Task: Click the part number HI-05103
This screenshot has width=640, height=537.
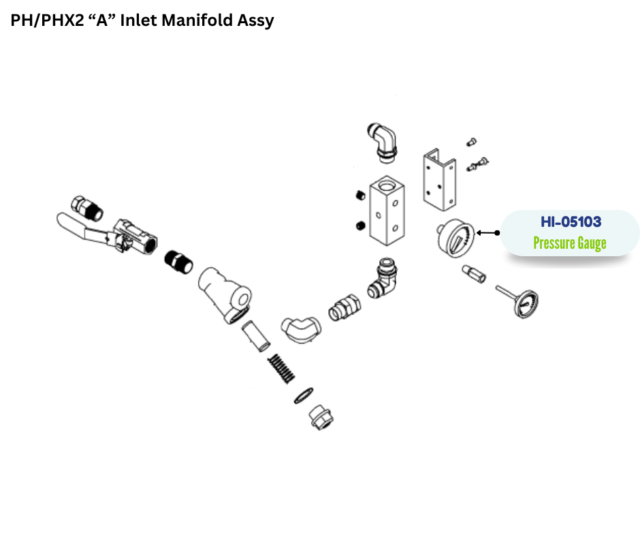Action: pos(571,222)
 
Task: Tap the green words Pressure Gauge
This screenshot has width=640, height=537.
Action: pos(570,243)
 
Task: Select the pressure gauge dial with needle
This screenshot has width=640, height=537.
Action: pos(455,239)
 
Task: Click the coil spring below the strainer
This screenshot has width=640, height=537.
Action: pos(281,368)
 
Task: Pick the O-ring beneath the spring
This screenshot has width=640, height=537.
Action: pos(304,395)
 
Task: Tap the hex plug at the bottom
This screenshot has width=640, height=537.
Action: pos(321,417)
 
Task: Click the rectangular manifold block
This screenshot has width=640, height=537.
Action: pos(387,211)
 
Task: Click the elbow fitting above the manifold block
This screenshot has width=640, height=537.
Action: pos(384,142)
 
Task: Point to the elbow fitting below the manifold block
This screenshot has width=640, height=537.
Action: pos(383,279)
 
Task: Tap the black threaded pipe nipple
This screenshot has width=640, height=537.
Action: pos(178,262)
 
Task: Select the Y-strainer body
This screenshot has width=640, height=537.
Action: pos(225,295)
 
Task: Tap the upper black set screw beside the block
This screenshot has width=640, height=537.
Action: pos(360,195)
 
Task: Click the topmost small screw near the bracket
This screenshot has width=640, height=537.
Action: pos(471,142)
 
